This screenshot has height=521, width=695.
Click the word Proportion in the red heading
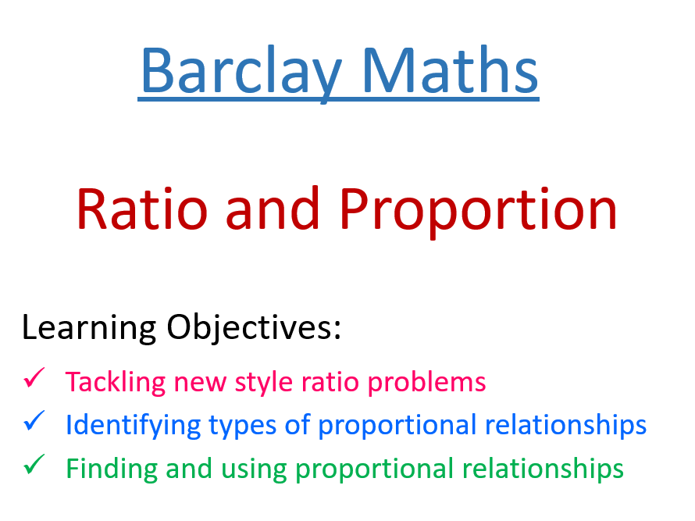[480, 209]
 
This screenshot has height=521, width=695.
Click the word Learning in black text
[87, 328]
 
